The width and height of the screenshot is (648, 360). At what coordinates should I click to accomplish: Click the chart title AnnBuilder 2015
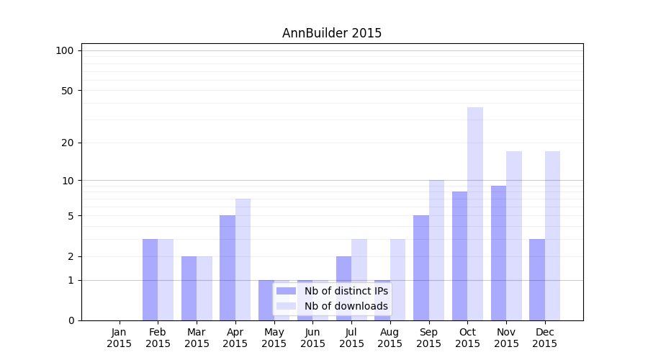(x=331, y=33)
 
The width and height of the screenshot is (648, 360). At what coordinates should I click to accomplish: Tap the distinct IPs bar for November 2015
(x=498, y=253)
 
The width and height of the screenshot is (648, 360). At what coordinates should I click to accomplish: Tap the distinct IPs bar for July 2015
(x=343, y=288)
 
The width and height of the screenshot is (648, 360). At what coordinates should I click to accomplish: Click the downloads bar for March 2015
(x=204, y=288)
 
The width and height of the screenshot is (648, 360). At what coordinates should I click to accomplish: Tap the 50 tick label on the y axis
(x=67, y=91)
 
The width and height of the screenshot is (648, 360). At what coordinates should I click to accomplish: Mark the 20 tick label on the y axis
(x=67, y=143)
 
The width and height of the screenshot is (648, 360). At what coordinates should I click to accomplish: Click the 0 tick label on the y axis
(x=71, y=320)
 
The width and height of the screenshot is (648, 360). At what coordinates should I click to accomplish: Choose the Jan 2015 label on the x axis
(x=120, y=338)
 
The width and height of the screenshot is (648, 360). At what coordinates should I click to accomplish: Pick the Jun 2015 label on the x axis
(x=312, y=338)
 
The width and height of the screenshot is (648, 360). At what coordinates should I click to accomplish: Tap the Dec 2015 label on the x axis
(x=544, y=338)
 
